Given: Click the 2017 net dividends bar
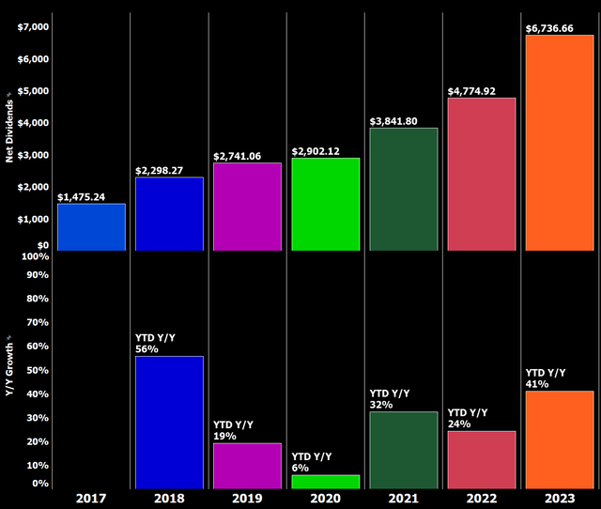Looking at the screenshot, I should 91,227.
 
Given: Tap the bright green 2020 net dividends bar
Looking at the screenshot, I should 325,204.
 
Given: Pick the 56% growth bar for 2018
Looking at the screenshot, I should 169,423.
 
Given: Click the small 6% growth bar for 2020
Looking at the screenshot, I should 325,482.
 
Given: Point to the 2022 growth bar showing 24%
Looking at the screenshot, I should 481,460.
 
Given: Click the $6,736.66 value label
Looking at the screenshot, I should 559,28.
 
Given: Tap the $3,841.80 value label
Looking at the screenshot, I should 403,121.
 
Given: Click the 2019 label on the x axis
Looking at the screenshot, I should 247,499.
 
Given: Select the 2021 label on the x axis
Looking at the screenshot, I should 403,499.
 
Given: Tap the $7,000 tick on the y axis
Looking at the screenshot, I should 31,26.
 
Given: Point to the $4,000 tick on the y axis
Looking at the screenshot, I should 31,123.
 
